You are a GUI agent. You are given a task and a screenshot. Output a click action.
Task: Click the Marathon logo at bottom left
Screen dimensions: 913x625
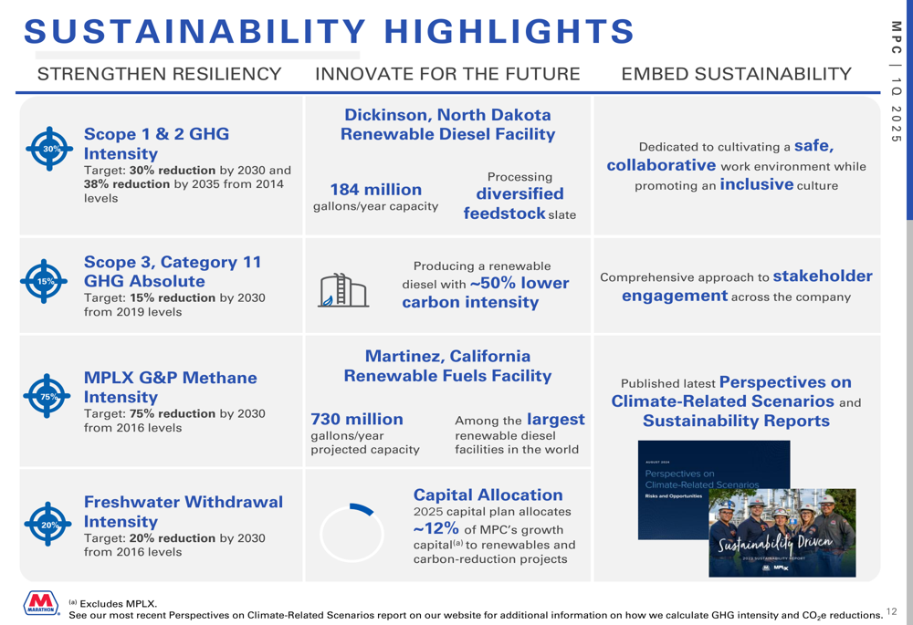pos(41,603)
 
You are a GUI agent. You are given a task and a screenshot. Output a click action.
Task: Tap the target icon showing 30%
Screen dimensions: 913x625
pos(49,149)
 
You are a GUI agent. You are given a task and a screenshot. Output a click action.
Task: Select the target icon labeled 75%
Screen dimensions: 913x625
pos(47,396)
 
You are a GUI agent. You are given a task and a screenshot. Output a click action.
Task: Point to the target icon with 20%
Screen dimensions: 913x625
pos(47,524)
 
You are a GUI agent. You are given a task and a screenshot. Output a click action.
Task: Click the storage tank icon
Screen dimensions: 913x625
pos(343,290)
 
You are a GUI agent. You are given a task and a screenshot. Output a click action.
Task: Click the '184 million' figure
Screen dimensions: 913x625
pos(375,190)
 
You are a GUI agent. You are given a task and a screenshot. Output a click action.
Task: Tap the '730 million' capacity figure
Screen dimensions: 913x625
pos(357,419)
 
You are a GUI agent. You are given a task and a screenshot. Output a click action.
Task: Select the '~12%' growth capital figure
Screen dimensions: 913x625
pos(436,528)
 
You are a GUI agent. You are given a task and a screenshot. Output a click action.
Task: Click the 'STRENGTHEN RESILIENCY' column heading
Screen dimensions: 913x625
pos(160,74)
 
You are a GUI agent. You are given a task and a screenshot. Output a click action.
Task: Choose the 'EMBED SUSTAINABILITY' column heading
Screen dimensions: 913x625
pos(737,74)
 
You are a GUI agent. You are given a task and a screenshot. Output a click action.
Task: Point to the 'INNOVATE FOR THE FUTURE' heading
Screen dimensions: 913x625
pos(447,74)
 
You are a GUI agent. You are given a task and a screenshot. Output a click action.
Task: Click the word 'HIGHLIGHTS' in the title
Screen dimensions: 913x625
pos(509,31)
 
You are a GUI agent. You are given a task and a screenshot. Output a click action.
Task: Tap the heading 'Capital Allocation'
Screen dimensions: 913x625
pos(488,495)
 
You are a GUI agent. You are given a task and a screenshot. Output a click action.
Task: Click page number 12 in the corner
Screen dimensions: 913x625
pos(891,611)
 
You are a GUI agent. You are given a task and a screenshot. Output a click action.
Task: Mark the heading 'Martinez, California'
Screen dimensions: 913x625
pos(447,356)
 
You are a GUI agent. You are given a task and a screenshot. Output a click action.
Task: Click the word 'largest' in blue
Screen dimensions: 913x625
pos(555,420)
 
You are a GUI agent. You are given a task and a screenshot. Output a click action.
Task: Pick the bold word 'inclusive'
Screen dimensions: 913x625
pos(756,184)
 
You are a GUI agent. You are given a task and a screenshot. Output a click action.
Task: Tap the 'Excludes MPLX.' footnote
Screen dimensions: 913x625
pos(118,603)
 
